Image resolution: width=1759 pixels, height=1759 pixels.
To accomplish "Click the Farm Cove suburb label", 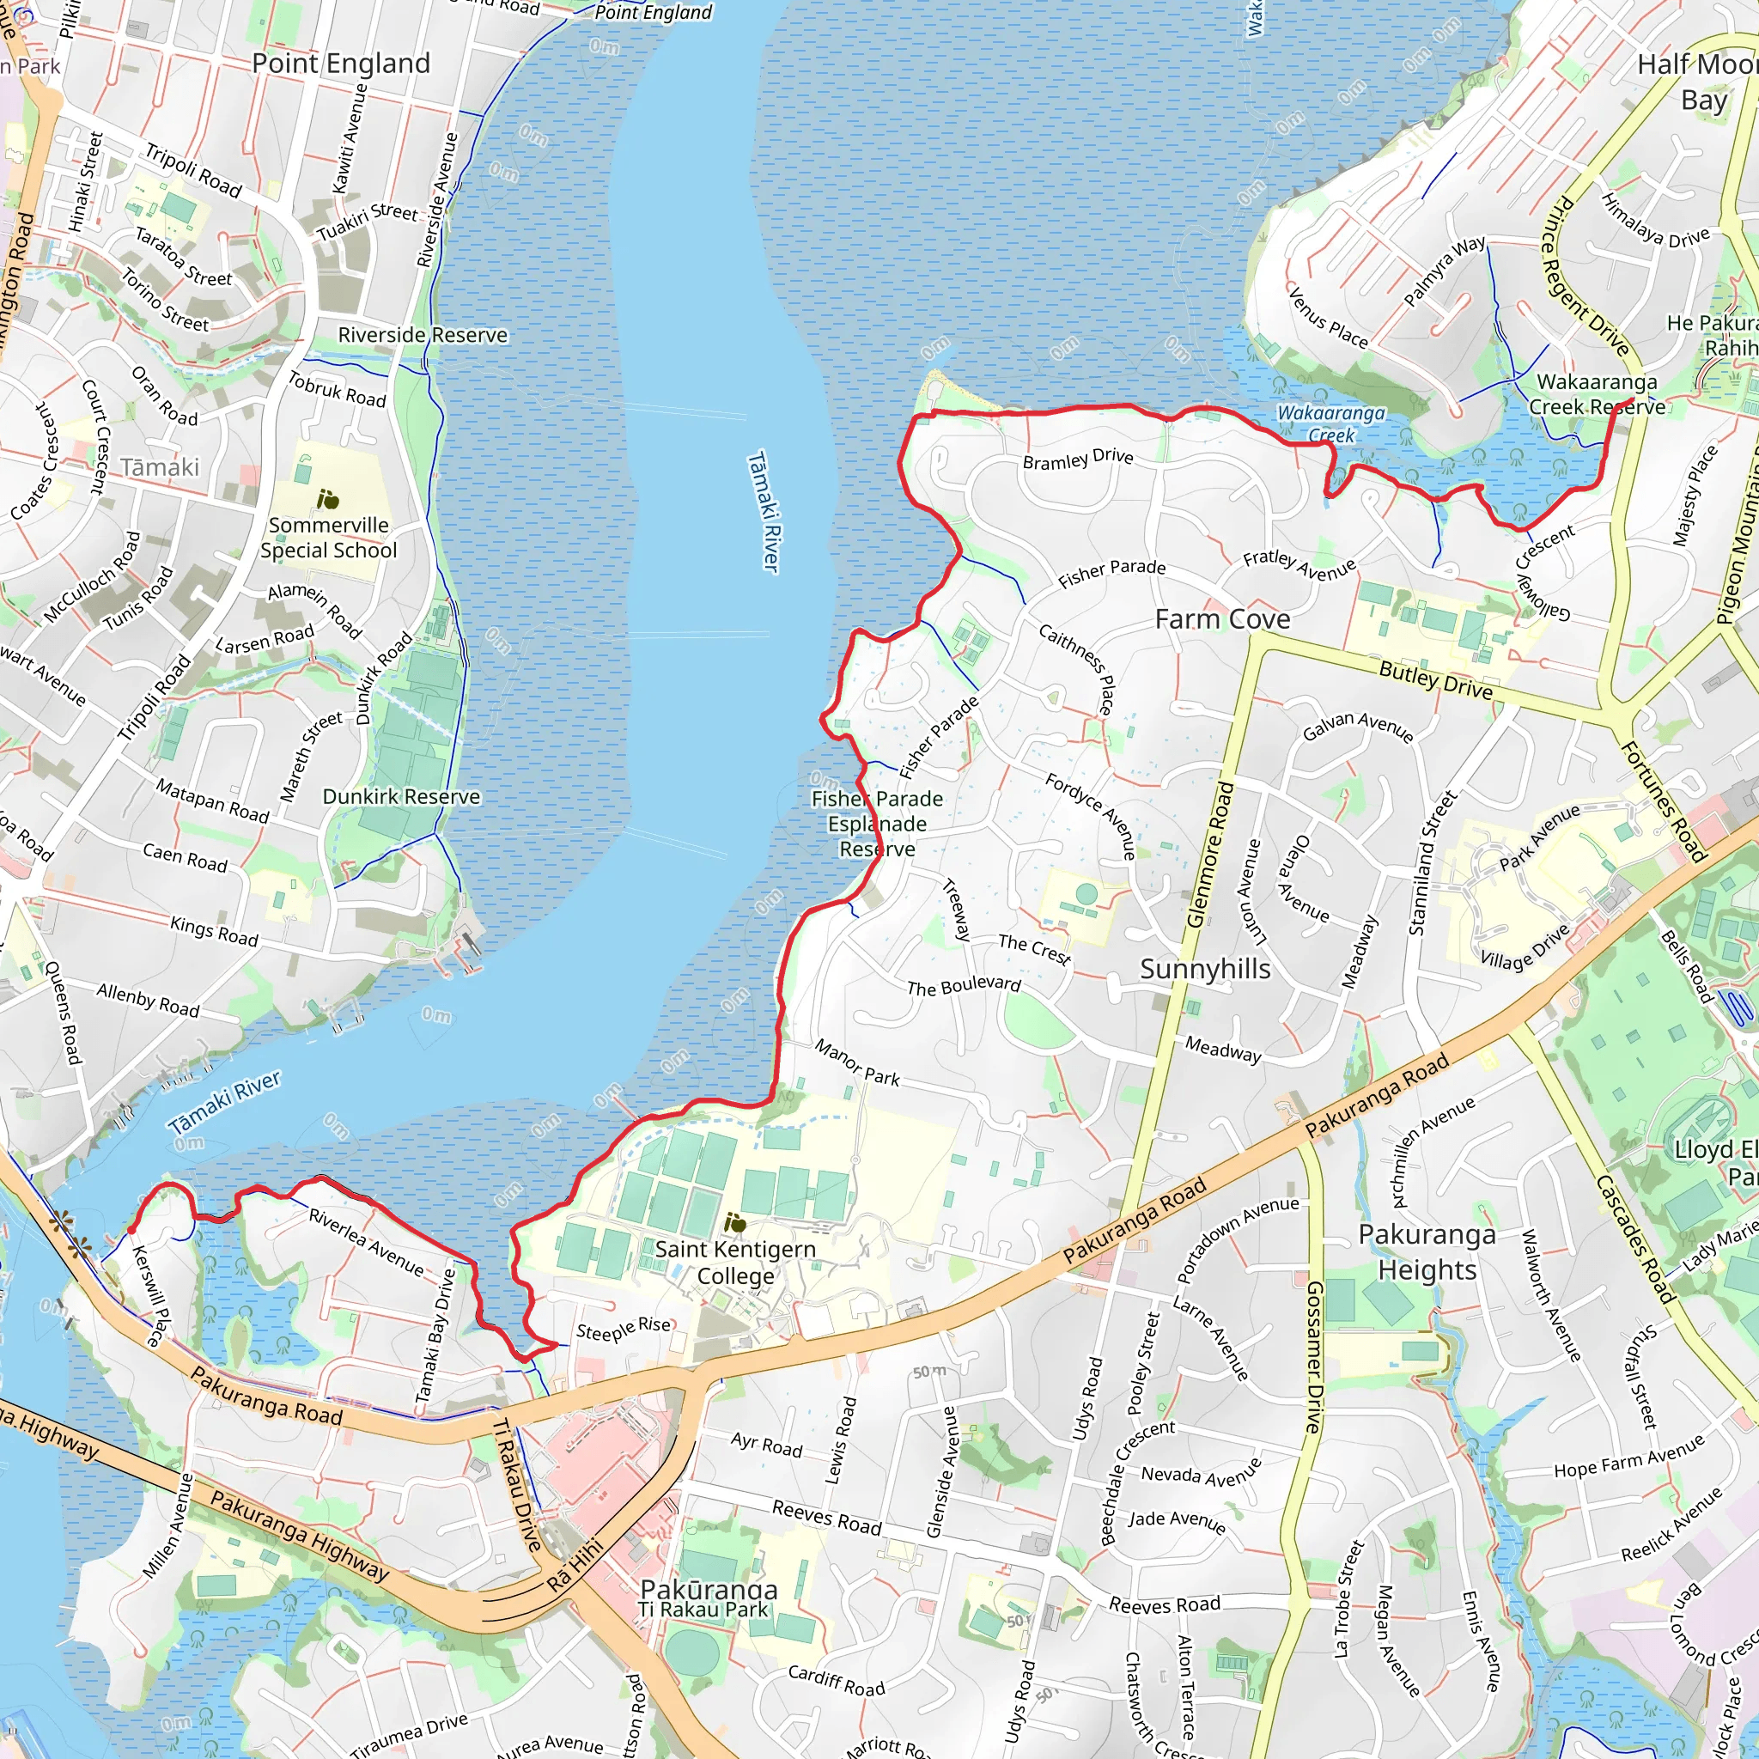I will [x=1222, y=619].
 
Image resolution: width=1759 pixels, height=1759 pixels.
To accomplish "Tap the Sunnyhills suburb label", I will [x=1204, y=969].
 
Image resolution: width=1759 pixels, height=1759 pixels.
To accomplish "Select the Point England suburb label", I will [x=340, y=63].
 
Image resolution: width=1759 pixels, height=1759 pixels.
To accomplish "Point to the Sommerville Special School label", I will [x=329, y=537].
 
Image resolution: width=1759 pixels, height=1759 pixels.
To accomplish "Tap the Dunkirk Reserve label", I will [x=400, y=797].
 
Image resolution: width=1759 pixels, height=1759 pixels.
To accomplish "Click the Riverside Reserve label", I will [x=423, y=335].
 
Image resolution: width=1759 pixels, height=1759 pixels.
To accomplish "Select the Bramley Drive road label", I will [x=1077, y=459].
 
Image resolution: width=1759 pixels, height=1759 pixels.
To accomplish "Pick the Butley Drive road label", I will [x=1435, y=680].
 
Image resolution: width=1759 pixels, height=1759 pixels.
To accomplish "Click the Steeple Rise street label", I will [x=623, y=1330].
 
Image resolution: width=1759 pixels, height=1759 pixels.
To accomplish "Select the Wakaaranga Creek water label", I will [x=1330, y=423].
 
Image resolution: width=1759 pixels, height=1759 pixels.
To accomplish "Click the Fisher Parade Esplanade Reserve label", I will [x=877, y=824].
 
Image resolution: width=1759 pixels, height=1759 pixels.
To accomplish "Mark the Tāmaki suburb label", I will [x=160, y=467].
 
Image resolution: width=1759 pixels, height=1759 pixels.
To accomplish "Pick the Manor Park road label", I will [x=855, y=1062].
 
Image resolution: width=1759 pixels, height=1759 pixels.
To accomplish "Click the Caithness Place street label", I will [x=1076, y=668].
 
